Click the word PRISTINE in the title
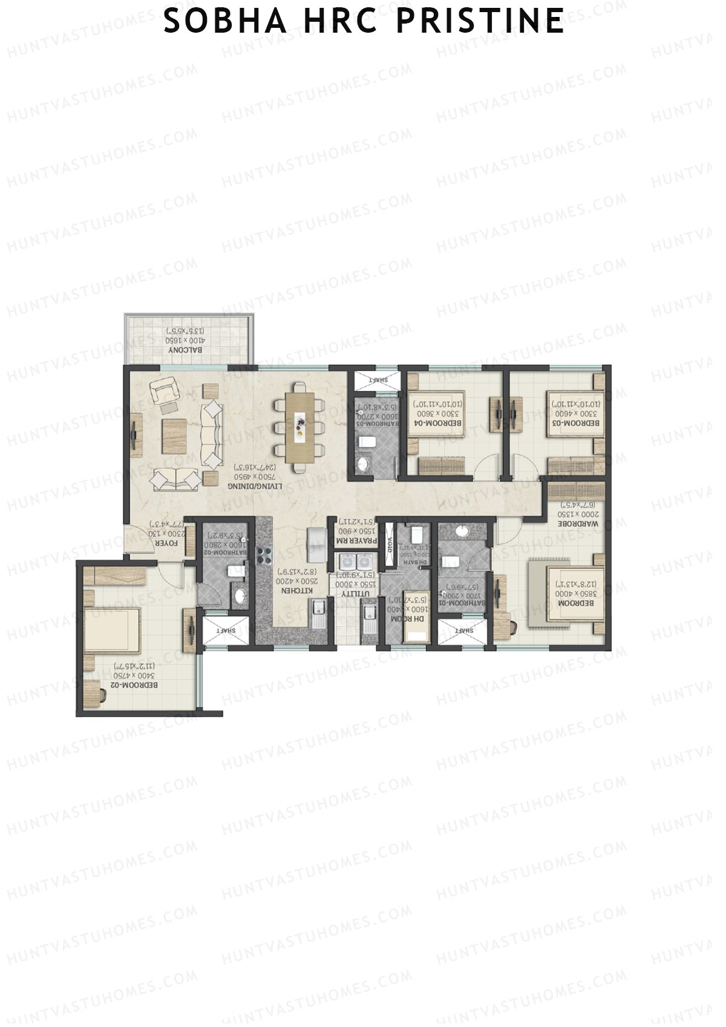point(480,22)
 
